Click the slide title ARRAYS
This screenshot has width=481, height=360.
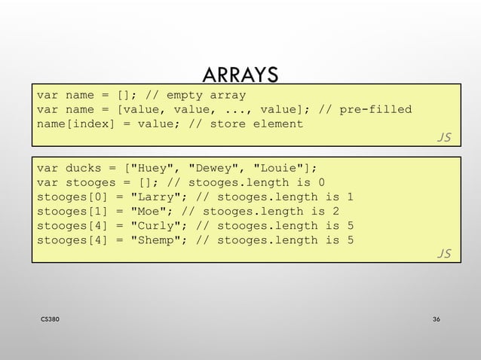coord(240,75)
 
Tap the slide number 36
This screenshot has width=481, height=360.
coord(437,320)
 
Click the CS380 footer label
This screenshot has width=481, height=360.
coord(51,320)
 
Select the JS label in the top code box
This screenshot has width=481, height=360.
coord(444,136)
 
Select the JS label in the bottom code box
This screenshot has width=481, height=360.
coord(444,253)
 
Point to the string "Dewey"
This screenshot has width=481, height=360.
coord(214,168)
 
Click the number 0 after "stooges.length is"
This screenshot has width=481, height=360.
coord(322,182)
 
